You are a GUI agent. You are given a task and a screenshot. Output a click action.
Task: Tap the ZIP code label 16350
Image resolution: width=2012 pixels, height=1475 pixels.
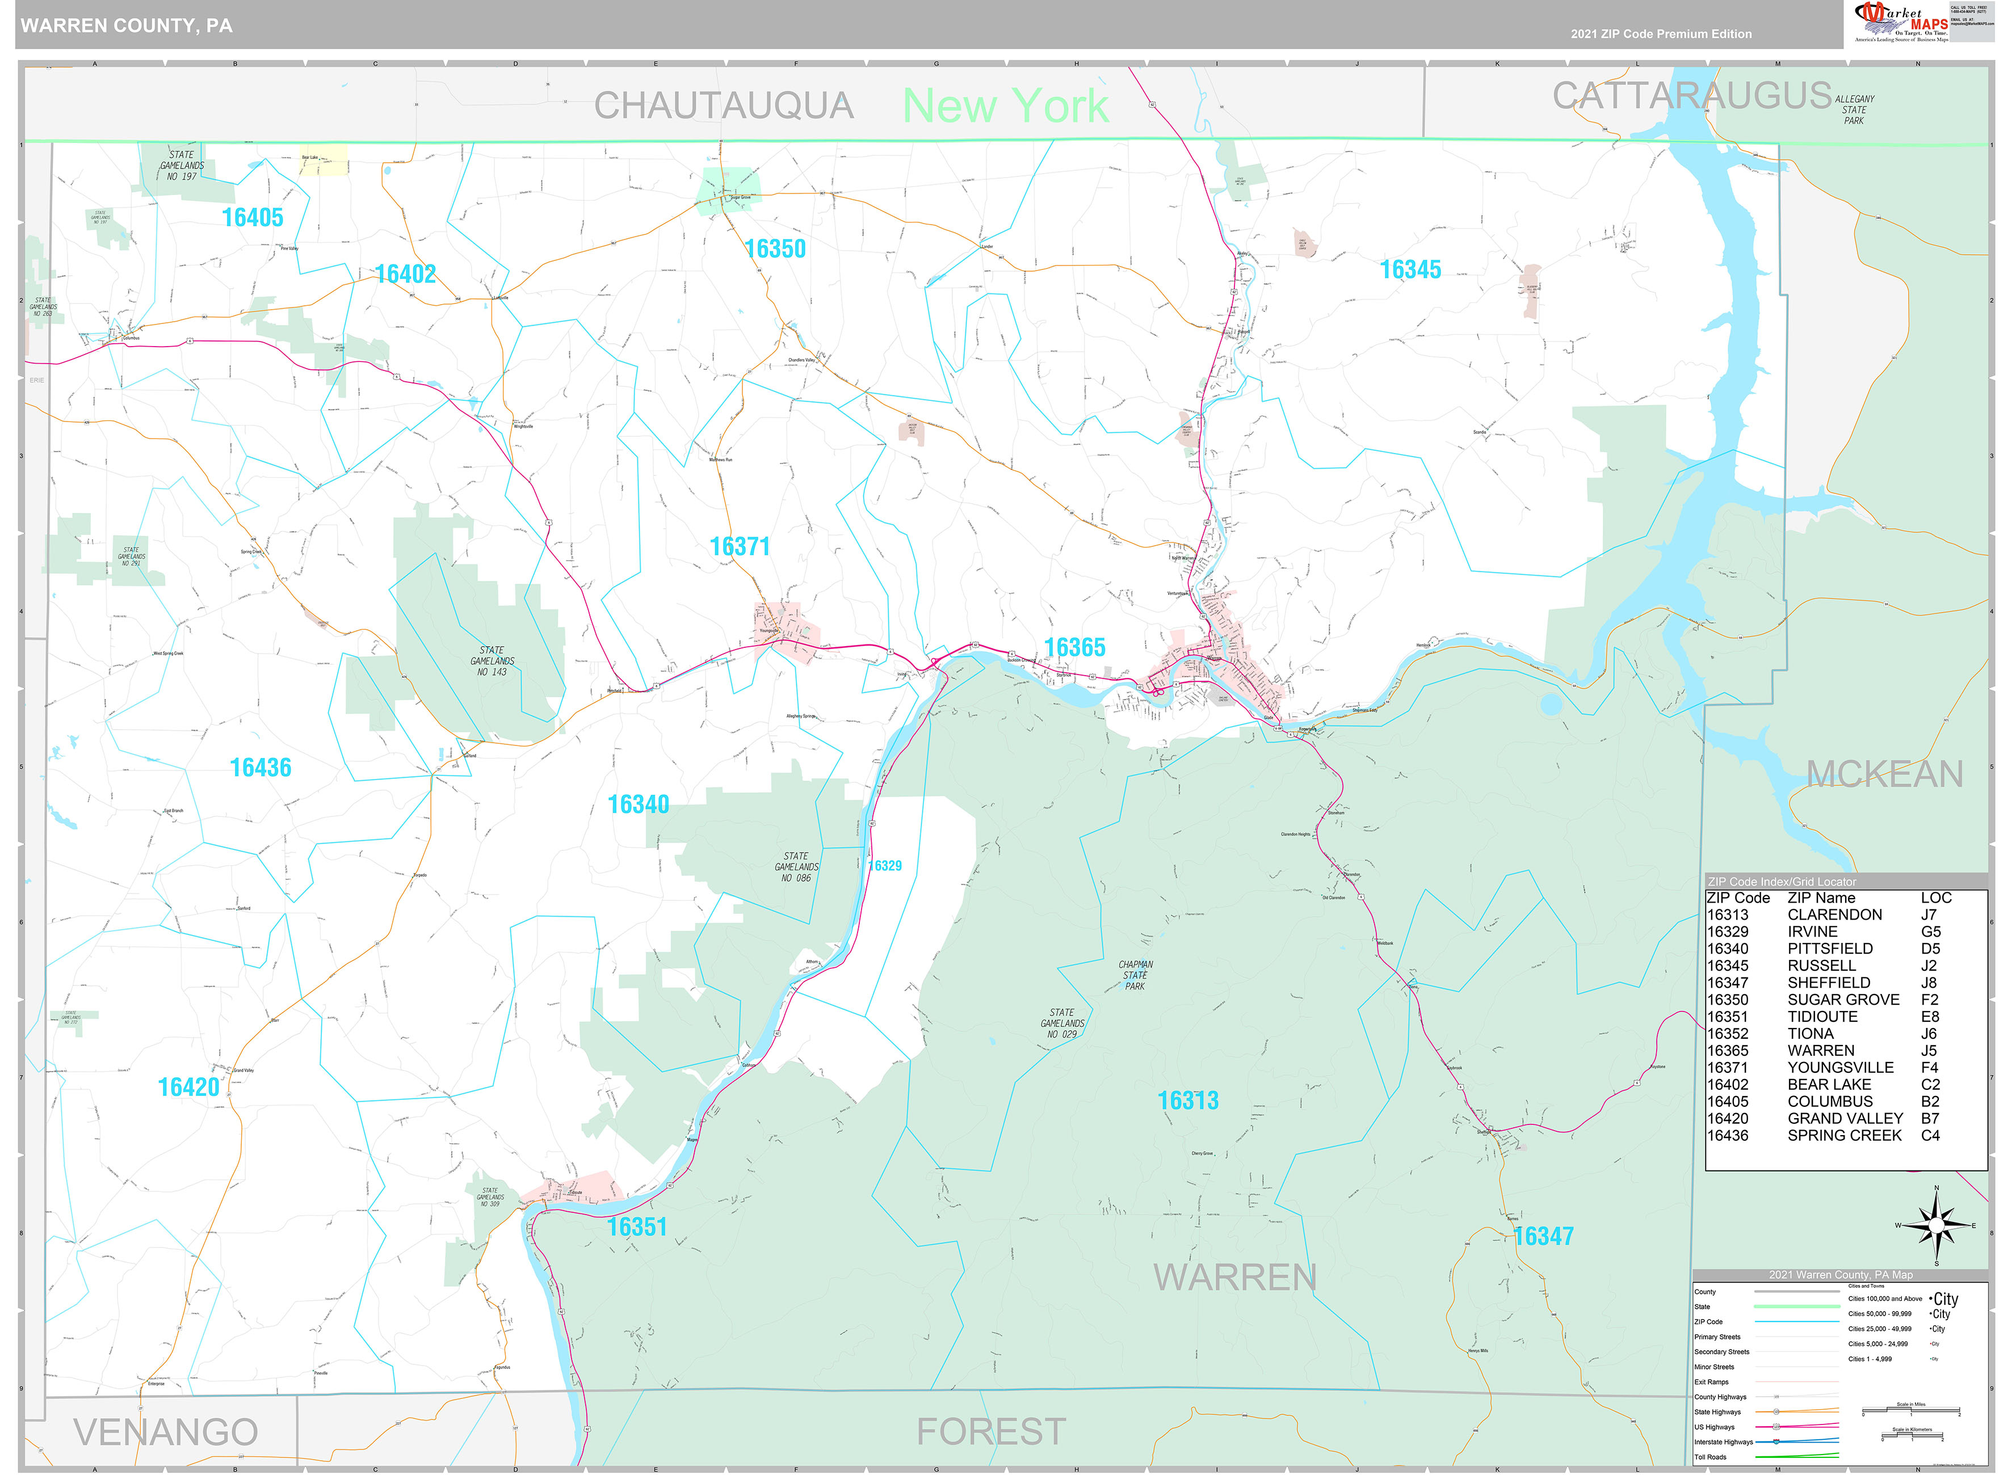coord(775,248)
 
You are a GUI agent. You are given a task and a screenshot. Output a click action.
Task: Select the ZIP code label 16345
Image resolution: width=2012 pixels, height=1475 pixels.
coord(1410,269)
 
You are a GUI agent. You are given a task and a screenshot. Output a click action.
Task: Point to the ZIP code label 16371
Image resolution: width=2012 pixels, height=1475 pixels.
coord(740,546)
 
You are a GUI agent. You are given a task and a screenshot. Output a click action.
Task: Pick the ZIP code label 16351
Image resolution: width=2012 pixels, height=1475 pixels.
coord(637,1226)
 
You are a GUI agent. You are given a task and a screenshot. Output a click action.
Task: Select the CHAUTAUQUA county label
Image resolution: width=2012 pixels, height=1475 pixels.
coord(724,106)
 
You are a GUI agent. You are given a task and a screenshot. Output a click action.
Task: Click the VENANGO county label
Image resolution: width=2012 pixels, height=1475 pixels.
coord(166,1431)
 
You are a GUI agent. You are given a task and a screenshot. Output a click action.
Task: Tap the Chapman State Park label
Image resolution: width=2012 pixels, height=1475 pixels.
coord(1135,975)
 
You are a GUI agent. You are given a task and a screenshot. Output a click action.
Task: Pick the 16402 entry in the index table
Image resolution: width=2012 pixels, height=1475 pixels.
coord(1727,1084)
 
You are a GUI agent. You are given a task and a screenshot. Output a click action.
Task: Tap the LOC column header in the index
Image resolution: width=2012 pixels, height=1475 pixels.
coord(1936,897)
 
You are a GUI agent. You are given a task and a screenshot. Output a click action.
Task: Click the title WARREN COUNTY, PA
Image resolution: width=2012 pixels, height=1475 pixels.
coord(127,25)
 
